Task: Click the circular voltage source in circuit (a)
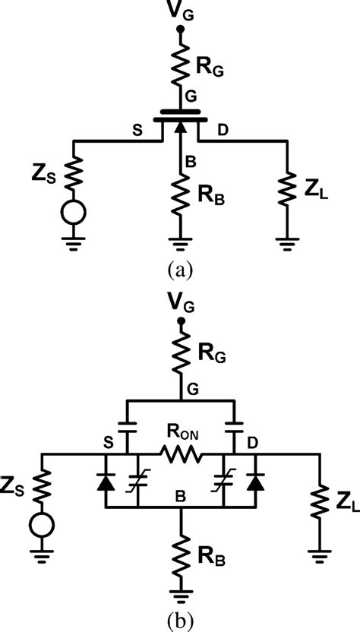pos(73,213)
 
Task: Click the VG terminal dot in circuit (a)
pos(180,30)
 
